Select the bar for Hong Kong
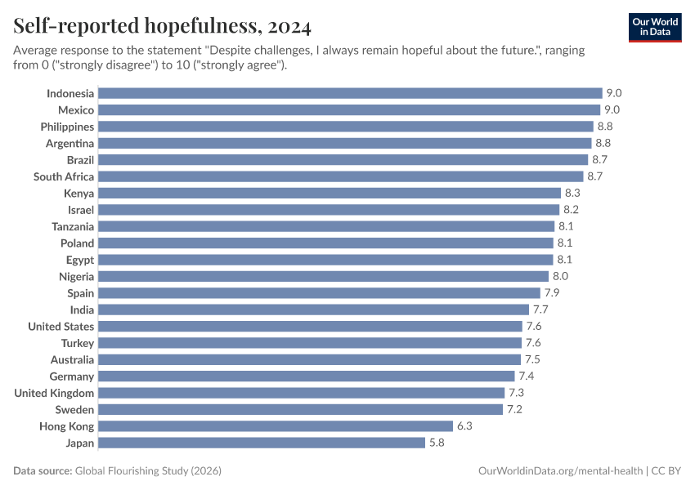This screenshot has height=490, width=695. point(275,426)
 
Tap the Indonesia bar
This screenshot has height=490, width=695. point(349,93)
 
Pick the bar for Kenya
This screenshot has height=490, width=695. point(329,194)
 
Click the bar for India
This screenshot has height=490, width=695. point(313,310)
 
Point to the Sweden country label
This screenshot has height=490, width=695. point(74,409)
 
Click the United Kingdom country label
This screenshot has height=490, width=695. point(54,393)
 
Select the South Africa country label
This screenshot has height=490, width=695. point(64,176)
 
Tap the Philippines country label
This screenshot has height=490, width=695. point(67,127)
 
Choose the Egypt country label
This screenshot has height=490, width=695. point(80,260)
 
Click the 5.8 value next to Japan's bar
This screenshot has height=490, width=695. point(437,443)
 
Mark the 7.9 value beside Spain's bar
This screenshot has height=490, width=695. point(553,293)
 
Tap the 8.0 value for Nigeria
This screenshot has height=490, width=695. point(560,276)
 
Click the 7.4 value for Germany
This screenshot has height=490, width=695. point(527,376)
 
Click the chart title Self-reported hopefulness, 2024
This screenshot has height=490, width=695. point(162,27)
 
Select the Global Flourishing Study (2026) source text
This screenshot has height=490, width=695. point(148,471)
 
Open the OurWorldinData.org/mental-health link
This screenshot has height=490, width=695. point(560,471)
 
